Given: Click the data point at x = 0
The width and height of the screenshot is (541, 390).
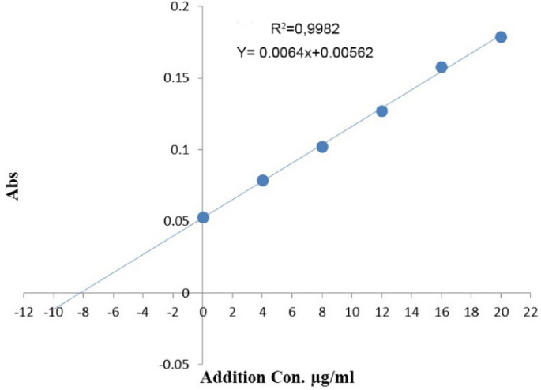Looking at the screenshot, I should [203, 217].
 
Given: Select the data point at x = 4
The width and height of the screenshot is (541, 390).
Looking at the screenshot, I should [263, 181].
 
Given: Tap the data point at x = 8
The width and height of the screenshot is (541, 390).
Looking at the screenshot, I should [322, 147].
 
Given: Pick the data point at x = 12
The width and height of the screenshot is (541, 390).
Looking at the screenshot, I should [381, 111].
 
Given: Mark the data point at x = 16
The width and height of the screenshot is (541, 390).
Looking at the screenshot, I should [441, 67].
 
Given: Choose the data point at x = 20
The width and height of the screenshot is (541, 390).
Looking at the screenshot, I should [501, 37].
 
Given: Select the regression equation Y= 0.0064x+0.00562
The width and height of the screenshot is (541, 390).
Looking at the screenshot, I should [305, 53].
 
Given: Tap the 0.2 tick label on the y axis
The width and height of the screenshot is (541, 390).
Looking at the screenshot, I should [180, 7].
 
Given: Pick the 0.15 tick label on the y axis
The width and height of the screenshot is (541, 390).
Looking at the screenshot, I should [177, 78].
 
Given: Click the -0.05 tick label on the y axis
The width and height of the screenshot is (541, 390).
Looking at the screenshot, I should [175, 365].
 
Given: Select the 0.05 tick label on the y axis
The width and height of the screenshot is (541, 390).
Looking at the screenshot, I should [177, 222].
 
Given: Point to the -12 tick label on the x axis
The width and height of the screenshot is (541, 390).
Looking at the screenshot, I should [24, 311].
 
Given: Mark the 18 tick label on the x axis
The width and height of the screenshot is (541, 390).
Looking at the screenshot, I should [471, 311].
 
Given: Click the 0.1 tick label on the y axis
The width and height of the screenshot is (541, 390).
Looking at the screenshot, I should [180, 150].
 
